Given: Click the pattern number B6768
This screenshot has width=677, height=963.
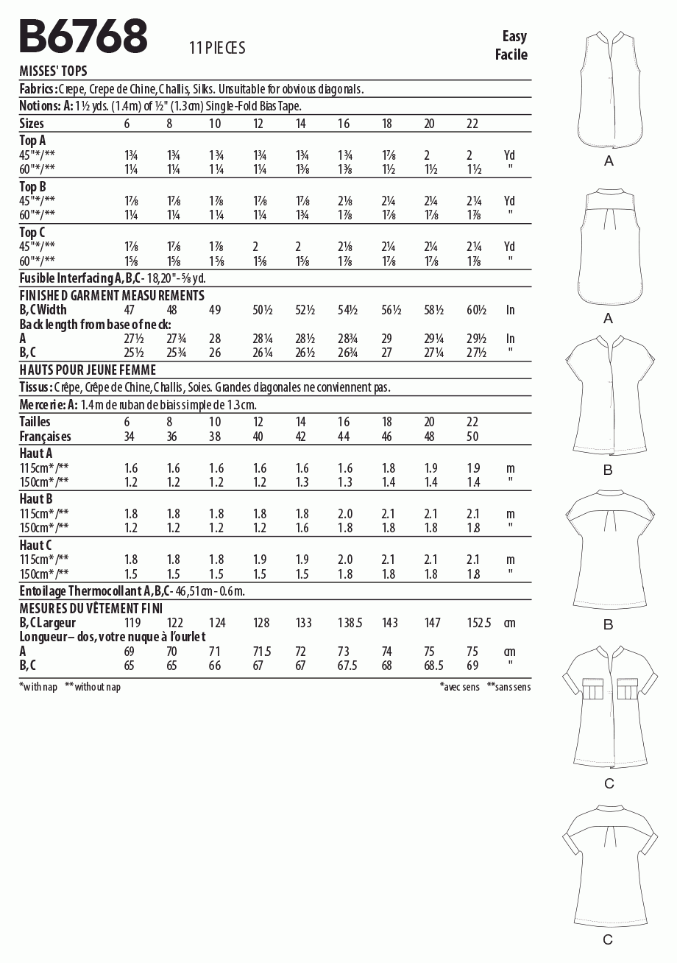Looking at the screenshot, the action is point(83,37).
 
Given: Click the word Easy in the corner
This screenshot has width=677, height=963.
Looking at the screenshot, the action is point(514,36).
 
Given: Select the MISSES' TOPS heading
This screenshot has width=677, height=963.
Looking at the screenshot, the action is point(53,71).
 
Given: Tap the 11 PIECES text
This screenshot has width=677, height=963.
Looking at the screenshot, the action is point(216,49).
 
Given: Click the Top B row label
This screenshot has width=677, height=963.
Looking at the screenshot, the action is point(32,186).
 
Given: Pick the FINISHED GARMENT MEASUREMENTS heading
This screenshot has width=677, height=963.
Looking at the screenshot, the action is point(111,295).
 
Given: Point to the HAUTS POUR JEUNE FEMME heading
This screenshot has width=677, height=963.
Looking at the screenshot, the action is point(88,370).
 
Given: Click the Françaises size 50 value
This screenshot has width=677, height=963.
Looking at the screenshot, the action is point(472,437).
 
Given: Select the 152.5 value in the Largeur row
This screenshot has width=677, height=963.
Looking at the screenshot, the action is point(478,623).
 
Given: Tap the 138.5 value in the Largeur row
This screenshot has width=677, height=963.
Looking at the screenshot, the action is point(350,623).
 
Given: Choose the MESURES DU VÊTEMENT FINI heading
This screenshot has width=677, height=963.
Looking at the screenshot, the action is point(91,608).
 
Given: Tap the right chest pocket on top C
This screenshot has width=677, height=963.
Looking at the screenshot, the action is point(628,689).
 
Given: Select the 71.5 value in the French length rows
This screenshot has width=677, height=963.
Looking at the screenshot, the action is point(262,652).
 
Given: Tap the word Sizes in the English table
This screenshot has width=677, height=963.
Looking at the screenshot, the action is point(31,124).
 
